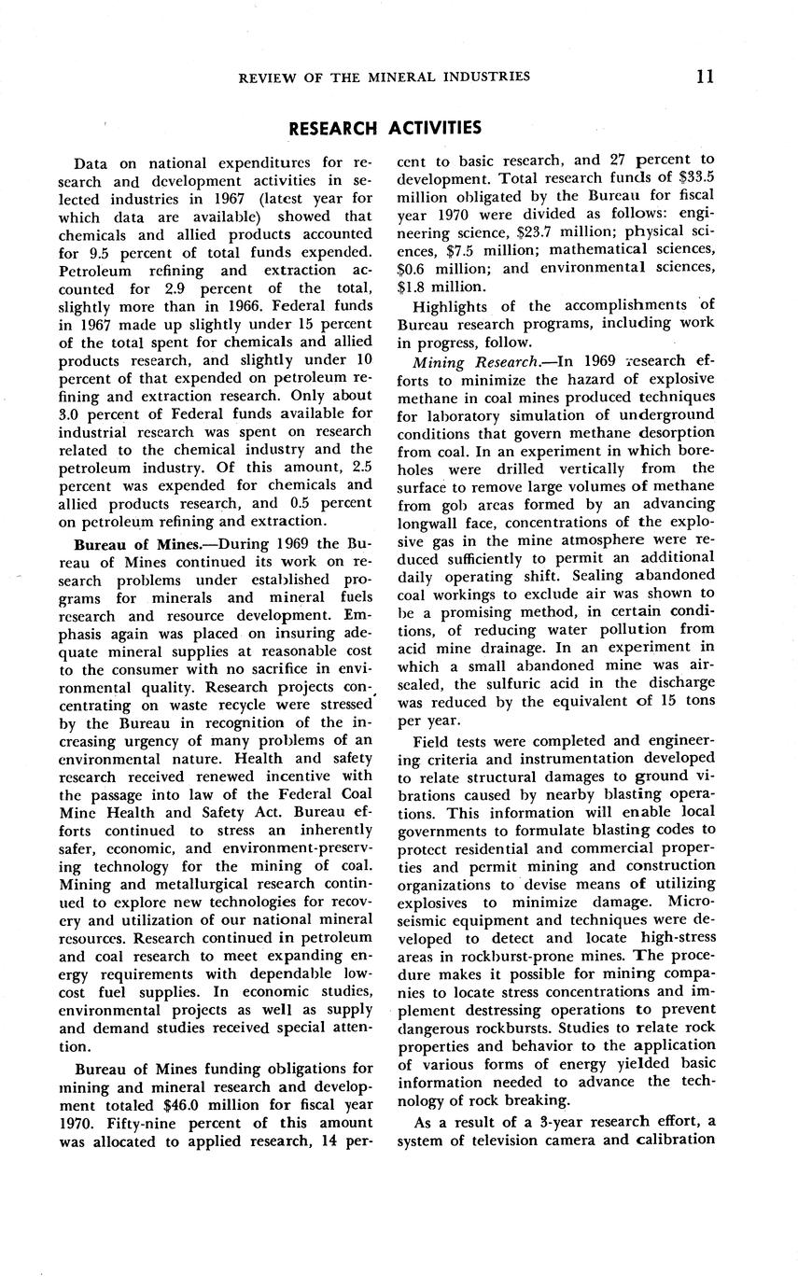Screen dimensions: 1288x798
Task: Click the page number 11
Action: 705,77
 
